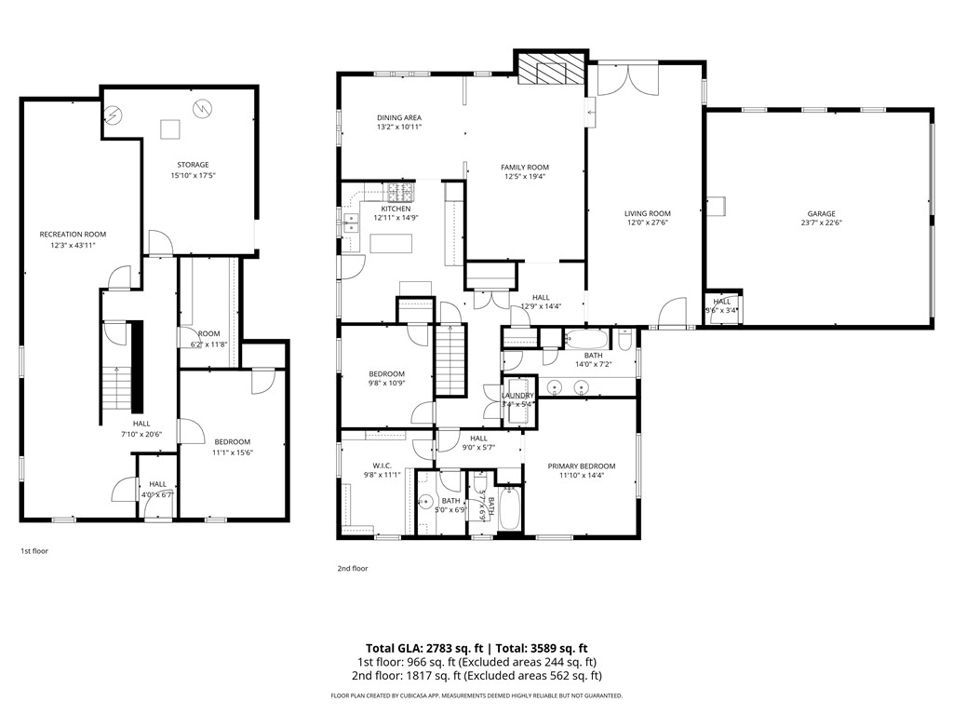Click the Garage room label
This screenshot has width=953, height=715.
tap(821, 213)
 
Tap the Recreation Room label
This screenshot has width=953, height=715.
tap(73, 234)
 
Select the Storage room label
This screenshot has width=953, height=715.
tap(189, 165)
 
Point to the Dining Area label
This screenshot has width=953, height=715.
tap(399, 117)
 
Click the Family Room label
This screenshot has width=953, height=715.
tap(525, 167)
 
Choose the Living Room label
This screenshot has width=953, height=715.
tap(647, 213)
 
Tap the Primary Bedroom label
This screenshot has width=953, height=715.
tap(582, 465)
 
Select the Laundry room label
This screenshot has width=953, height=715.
tap(518, 396)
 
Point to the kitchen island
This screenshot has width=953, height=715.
tap(391, 244)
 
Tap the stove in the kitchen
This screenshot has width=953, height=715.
tap(400, 193)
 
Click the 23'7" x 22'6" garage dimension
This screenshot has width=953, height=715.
tap(821, 223)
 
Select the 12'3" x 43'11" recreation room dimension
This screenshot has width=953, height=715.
tap(73, 245)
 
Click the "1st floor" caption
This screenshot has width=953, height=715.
tap(34, 551)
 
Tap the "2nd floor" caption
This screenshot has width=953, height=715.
tap(353, 568)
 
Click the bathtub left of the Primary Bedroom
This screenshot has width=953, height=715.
tap(510, 510)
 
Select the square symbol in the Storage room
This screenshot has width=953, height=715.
tap(170, 129)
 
